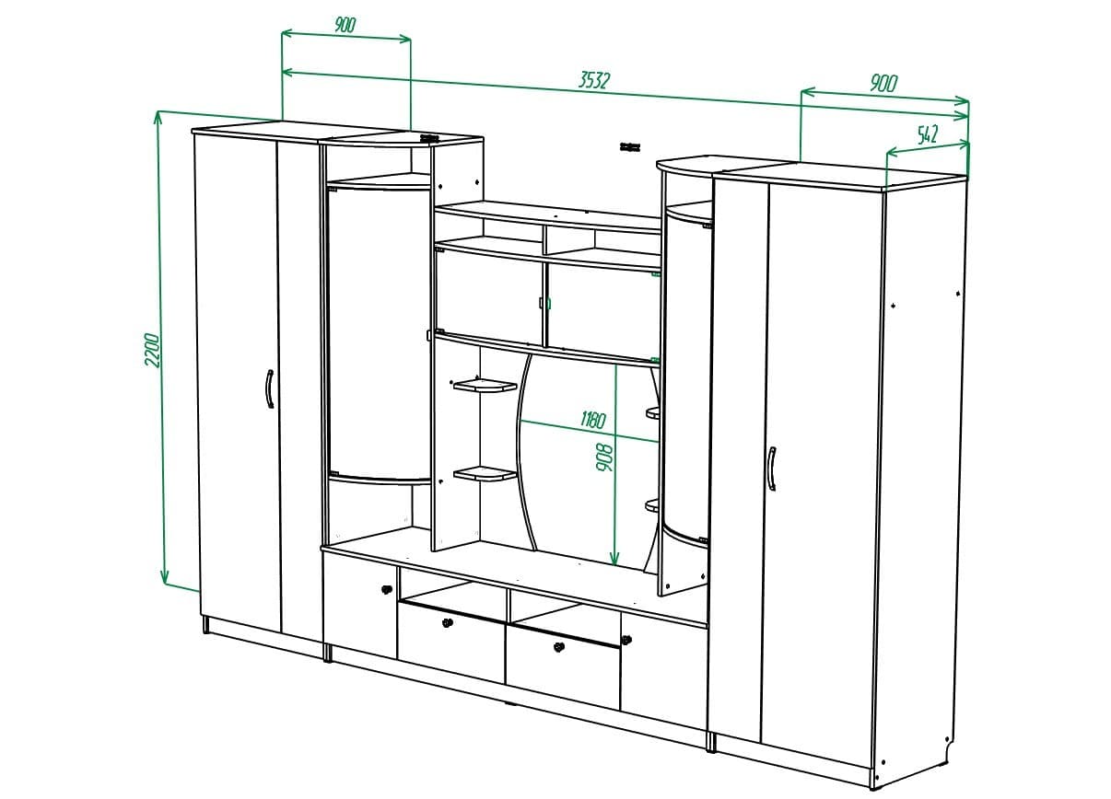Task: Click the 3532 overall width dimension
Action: tap(594, 80)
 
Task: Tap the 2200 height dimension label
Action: tap(153, 350)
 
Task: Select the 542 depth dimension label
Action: tap(927, 134)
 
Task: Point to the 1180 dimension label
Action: tap(592, 421)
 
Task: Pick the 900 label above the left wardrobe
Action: tap(345, 25)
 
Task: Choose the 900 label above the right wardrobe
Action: tap(883, 83)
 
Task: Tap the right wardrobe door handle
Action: tap(770, 469)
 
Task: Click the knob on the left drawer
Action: tap(449, 623)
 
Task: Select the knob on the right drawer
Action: tap(558, 648)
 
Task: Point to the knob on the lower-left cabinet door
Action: tap(386, 589)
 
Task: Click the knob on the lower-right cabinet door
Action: tap(626, 638)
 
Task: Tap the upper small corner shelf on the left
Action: tap(484, 385)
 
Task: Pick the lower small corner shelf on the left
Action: tap(485, 474)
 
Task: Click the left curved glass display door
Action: tap(379, 331)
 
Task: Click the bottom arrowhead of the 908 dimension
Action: tap(614, 560)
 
